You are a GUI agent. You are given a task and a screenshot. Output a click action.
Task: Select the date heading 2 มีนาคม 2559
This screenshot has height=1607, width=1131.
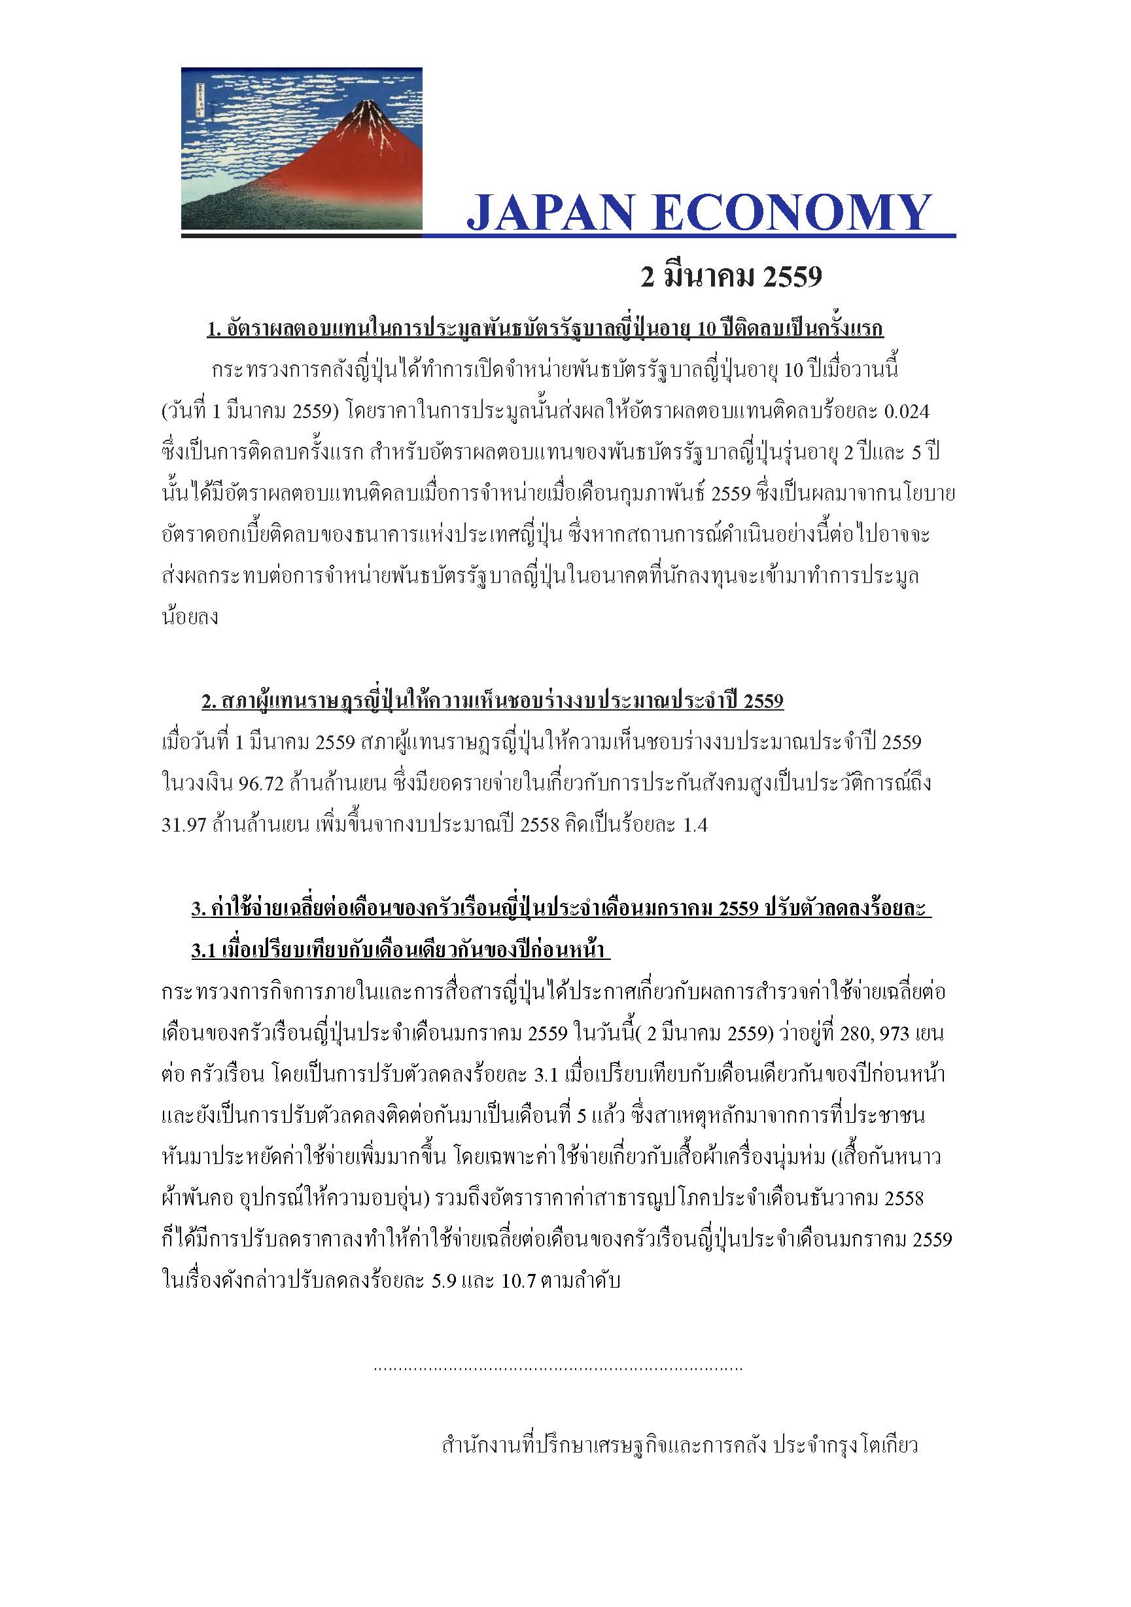(731, 278)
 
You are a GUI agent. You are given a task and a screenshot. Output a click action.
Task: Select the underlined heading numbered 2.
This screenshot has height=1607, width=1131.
(492, 701)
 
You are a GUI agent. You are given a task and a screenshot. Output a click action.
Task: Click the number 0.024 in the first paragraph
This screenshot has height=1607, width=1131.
(907, 412)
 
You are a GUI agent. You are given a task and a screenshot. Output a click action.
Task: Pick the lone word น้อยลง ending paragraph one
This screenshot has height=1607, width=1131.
(190, 617)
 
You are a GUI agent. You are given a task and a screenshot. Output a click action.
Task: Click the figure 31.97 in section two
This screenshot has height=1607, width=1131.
(183, 825)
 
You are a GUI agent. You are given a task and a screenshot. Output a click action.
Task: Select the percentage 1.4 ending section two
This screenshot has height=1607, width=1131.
(694, 825)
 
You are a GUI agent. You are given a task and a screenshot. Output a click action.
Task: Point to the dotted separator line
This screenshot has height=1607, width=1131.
(558, 1368)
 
